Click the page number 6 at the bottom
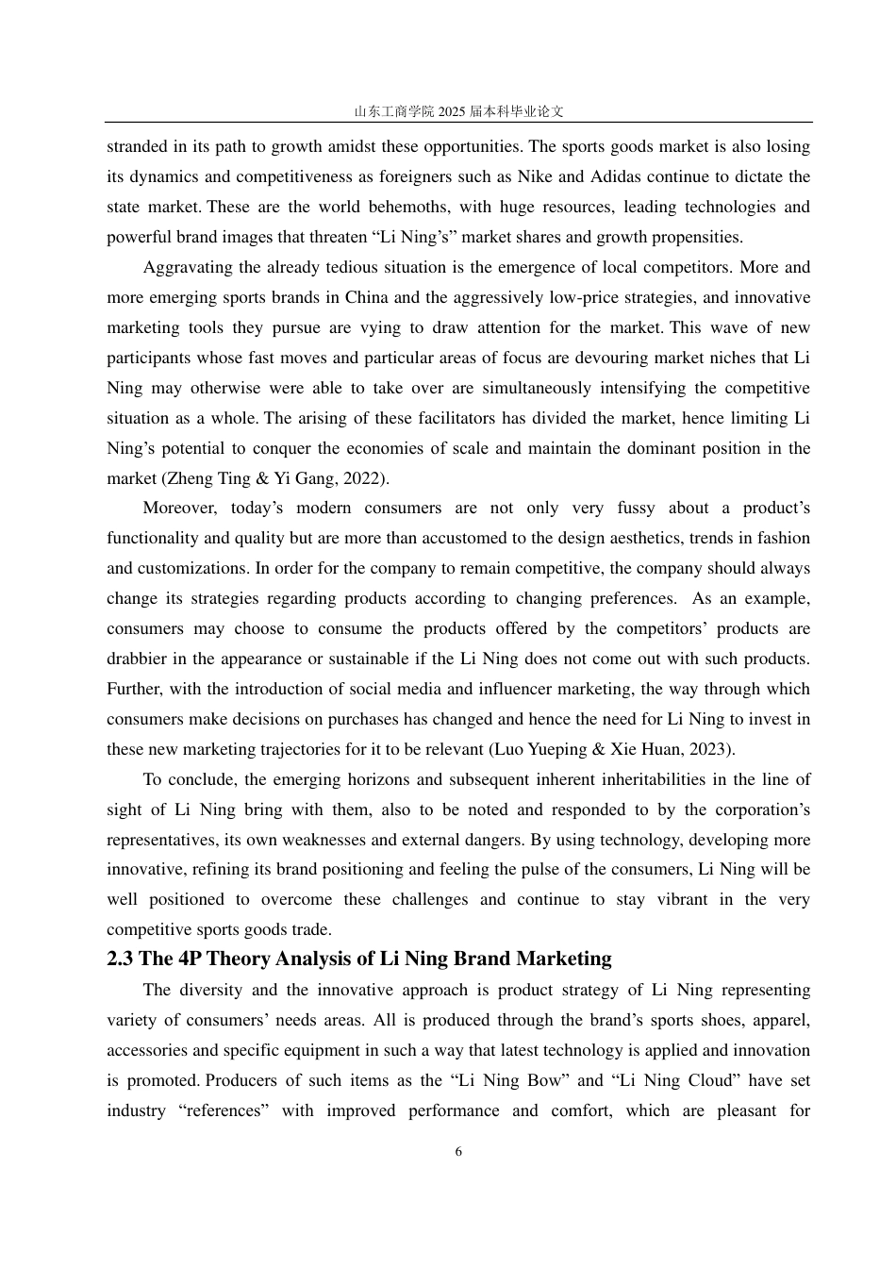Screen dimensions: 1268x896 [458, 1151]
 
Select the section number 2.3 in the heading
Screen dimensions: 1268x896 [120, 959]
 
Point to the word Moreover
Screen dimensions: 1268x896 [179, 508]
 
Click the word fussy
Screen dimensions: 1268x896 [636, 508]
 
